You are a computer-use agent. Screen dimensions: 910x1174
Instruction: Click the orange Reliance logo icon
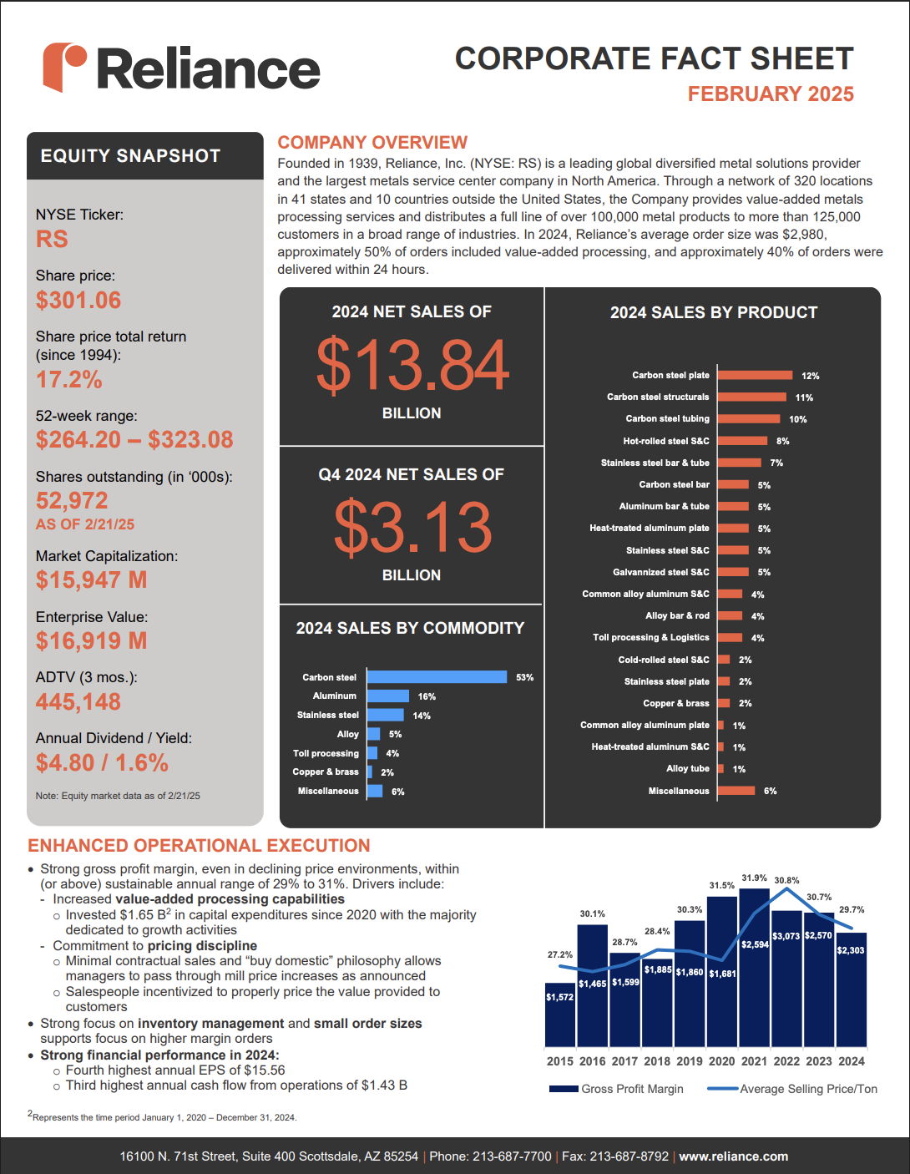(63, 67)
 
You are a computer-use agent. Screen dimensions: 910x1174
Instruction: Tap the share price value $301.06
(78, 301)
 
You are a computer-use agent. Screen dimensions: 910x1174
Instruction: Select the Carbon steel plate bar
(755, 375)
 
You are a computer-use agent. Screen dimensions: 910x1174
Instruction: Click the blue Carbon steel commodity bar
(437, 677)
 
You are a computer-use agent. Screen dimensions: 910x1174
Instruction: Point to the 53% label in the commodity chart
(524, 677)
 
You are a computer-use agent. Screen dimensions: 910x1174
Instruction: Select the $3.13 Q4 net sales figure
(412, 526)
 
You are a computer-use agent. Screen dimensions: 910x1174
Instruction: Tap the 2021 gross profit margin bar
(754, 968)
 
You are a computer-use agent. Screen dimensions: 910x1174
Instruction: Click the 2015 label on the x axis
(559, 1061)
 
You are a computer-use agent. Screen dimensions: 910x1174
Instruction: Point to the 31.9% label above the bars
(754, 878)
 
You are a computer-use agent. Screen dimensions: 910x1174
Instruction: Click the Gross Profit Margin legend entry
(616, 1089)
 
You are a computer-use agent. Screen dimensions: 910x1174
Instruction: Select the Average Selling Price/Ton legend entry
(792, 1089)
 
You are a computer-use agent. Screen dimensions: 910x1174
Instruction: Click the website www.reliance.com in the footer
(733, 1156)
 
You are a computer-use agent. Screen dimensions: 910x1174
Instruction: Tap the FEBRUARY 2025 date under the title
(771, 94)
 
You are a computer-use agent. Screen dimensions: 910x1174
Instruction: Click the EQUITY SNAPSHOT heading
(130, 155)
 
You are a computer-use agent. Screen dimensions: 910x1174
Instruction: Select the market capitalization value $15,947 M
(91, 579)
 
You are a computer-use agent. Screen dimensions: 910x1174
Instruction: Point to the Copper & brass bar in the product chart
(724, 703)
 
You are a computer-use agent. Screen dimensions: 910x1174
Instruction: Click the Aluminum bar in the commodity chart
(387, 696)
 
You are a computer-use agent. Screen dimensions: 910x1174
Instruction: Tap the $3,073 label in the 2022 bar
(786, 936)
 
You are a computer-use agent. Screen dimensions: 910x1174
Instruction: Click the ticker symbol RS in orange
(52, 239)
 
